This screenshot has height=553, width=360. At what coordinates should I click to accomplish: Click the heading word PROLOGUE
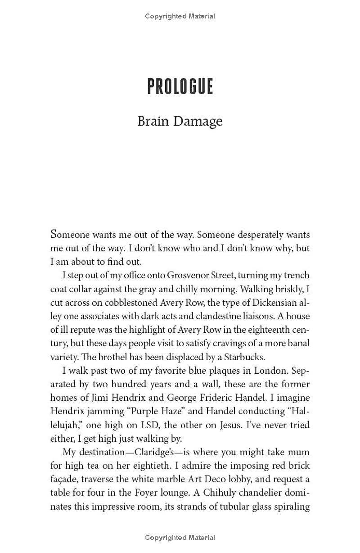[180, 86]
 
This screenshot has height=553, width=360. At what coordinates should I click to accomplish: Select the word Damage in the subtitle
[198, 121]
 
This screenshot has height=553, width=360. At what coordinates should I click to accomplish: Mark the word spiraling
[291, 507]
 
